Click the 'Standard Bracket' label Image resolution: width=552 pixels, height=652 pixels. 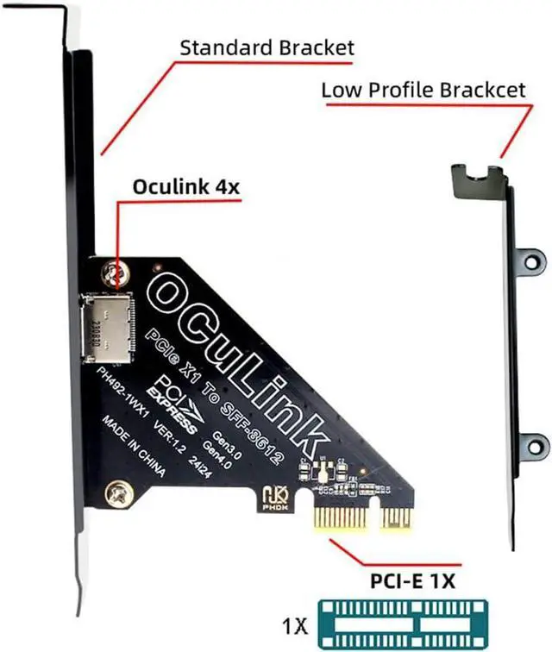pos(267,47)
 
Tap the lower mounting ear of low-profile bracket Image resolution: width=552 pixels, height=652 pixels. pos(535,447)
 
